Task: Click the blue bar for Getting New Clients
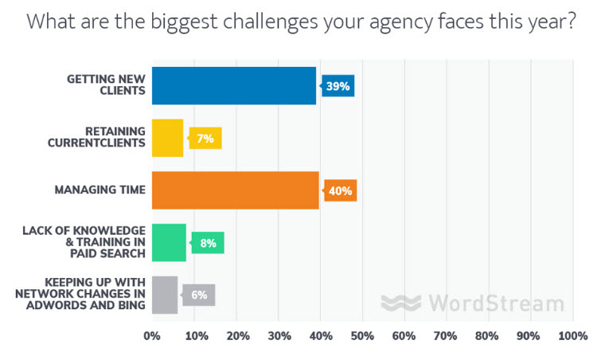click(233, 86)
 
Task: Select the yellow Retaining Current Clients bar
click(167, 138)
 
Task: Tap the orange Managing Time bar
click(235, 190)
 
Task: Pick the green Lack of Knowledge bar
click(168, 242)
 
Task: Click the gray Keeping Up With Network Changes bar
click(164, 295)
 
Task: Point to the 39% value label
click(338, 86)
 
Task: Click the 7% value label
click(205, 139)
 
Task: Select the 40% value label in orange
click(340, 190)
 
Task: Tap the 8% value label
click(208, 243)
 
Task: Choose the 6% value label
click(199, 295)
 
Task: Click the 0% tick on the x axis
click(151, 337)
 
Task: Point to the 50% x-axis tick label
click(362, 337)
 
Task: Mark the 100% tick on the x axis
click(572, 337)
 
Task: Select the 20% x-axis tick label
click(236, 337)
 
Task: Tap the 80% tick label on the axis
click(489, 337)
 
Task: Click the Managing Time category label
click(100, 190)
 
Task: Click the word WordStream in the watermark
click(495, 303)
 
